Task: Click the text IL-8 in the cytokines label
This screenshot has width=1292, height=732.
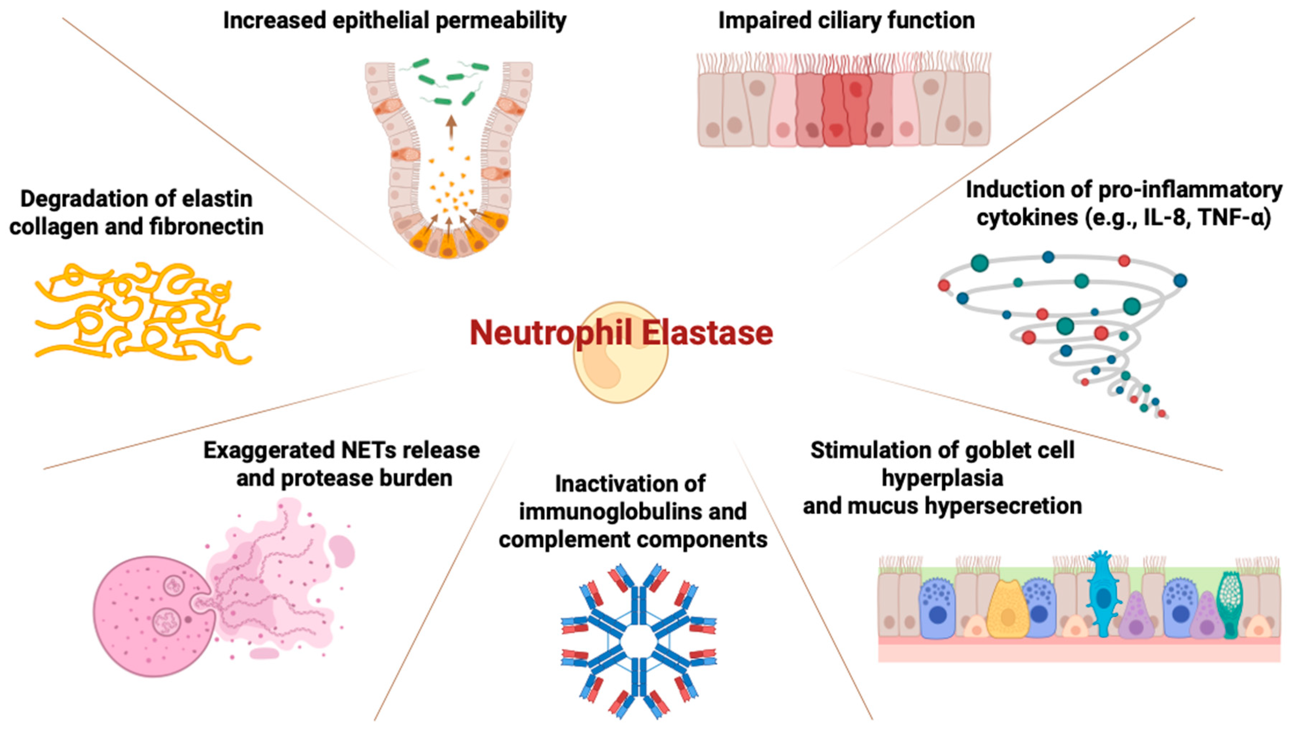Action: coord(1161,218)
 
